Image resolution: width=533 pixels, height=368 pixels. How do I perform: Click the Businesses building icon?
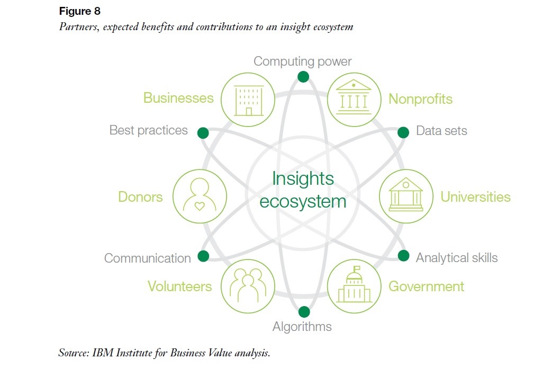[x=248, y=99]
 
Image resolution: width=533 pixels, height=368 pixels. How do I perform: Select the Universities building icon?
[x=406, y=196]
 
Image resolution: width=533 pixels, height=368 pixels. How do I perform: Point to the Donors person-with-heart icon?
[x=199, y=196]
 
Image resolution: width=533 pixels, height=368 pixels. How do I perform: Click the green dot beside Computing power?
[x=303, y=77]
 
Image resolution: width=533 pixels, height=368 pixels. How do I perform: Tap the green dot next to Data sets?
[x=403, y=132]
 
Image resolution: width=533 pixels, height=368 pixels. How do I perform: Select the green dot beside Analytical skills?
[x=403, y=256]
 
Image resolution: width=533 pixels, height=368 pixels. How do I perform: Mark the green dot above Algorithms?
[x=304, y=311]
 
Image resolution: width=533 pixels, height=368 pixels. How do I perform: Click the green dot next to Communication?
[x=203, y=256]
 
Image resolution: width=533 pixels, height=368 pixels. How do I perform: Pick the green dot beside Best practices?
[x=203, y=132]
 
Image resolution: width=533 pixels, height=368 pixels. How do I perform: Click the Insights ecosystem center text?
[x=303, y=190]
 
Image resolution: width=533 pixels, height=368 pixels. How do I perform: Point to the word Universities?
[x=475, y=197]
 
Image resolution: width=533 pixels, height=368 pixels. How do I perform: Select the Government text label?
[x=426, y=286]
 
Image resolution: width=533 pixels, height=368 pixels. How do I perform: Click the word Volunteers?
[x=179, y=286]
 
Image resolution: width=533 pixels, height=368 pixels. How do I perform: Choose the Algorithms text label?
[x=302, y=327]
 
